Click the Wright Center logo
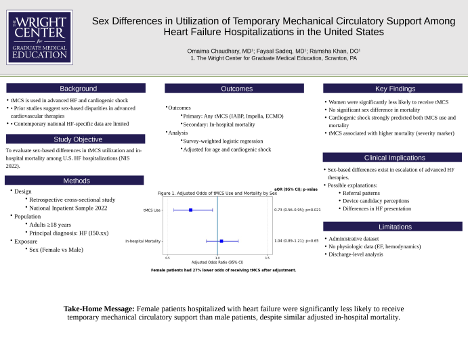coord(39,37)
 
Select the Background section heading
coord(78,89)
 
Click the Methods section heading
coord(77,181)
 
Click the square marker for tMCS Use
coord(191,210)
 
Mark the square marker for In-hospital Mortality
coord(221,240)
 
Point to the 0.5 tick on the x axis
coord(168,258)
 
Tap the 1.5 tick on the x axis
coord(267,258)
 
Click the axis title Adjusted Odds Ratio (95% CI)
coord(217,263)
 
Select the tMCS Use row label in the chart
coord(152,210)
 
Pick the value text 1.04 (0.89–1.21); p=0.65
coord(296,240)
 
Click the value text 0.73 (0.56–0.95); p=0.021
coord(297,210)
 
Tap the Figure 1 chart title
coord(217,194)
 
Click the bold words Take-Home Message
coord(100,309)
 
